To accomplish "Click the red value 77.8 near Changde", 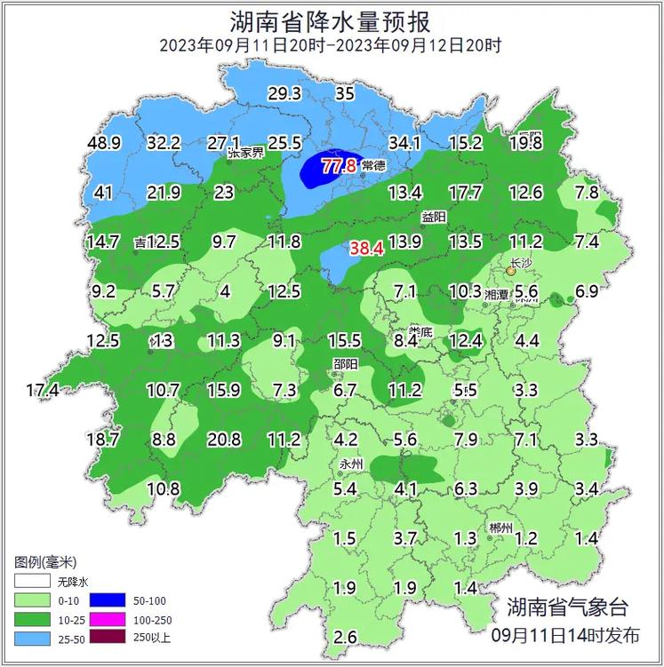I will (x=339, y=166).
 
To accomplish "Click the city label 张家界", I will (x=246, y=153).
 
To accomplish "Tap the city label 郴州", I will (x=501, y=528).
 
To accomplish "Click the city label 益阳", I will (x=433, y=217).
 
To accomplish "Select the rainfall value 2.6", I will (x=346, y=636).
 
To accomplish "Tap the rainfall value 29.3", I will (x=285, y=93).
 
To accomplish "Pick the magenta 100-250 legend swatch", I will (x=125, y=619).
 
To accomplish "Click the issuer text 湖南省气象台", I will (x=566, y=607).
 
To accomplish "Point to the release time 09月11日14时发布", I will (x=565, y=635).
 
